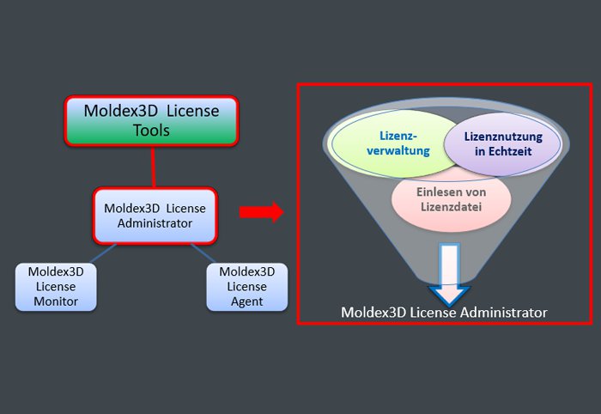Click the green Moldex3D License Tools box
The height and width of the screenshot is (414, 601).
pos(151,120)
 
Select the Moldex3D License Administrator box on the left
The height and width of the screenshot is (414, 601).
pos(155,216)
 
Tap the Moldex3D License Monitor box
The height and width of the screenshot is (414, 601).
pos(56,286)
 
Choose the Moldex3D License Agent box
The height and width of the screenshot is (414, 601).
pos(247,286)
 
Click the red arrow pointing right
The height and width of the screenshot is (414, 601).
pos(261,212)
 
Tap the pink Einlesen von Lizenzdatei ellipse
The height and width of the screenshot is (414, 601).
pos(452,199)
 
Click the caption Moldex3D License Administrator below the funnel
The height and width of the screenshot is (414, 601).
pos(444,313)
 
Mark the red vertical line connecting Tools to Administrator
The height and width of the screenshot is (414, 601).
pos(152,167)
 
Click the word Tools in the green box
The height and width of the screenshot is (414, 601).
pos(151,131)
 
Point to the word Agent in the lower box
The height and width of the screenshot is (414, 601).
pos(247,301)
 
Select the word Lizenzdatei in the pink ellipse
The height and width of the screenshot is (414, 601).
pos(452,207)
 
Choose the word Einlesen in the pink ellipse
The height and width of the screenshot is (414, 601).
pos(434,192)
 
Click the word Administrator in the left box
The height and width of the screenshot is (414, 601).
pos(155,223)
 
